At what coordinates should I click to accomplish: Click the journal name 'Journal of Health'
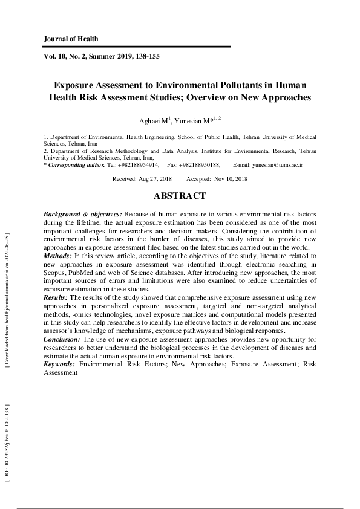pyautogui.click(x=71, y=39)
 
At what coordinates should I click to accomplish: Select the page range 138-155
pyautogui.click(x=146, y=56)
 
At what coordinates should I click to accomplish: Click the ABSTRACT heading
pyautogui.click(x=180, y=196)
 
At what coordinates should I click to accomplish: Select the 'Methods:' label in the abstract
pyautogui.click(x=58, y=256)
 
